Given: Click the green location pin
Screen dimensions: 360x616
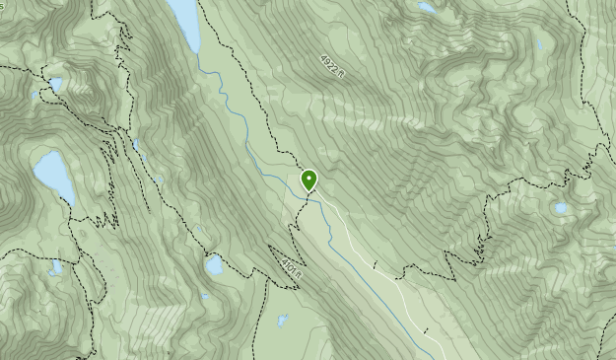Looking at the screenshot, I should point(309,180).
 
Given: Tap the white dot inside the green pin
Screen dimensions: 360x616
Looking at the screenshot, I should point(309,178).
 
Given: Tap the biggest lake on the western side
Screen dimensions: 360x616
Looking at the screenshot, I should point(53,176).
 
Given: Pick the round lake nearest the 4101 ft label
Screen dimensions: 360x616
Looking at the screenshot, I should point(214,264).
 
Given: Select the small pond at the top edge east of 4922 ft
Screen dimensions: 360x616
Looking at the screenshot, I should point(426,8).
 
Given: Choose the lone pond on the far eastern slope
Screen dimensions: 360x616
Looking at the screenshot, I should point(561,208).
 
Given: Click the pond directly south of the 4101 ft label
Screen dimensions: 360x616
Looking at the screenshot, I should point(283,320).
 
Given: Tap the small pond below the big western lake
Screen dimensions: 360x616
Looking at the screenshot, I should point(56,266).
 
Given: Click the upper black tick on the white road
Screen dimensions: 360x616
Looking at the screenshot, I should point(375,264).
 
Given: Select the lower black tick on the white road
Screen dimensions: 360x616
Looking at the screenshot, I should point(426,331).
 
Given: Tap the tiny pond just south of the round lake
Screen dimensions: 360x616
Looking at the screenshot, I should point(204,295).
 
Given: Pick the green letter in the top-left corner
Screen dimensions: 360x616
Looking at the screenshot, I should point(2,6).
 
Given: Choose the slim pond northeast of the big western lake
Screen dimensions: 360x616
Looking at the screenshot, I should point(136,148).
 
